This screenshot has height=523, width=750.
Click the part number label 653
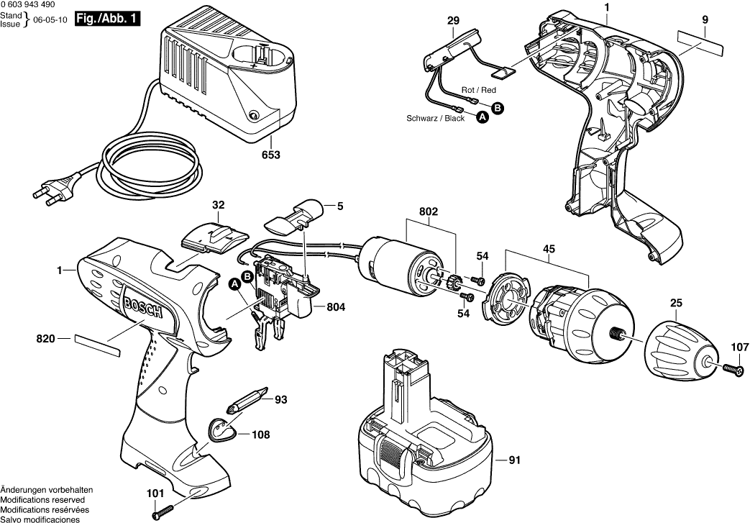(x=271, y=155)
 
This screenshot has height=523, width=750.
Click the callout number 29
(x=452, y=22)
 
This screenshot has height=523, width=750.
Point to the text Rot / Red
(x=479, y=90)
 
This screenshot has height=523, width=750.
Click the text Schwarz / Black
(x=436, y=119)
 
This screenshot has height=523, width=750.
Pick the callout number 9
(x=705, y=22)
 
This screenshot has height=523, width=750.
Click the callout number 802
(x=430, y=213)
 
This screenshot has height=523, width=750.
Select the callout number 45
(x=549, y=250)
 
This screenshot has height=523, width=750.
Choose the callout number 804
(x=335, y=307)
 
